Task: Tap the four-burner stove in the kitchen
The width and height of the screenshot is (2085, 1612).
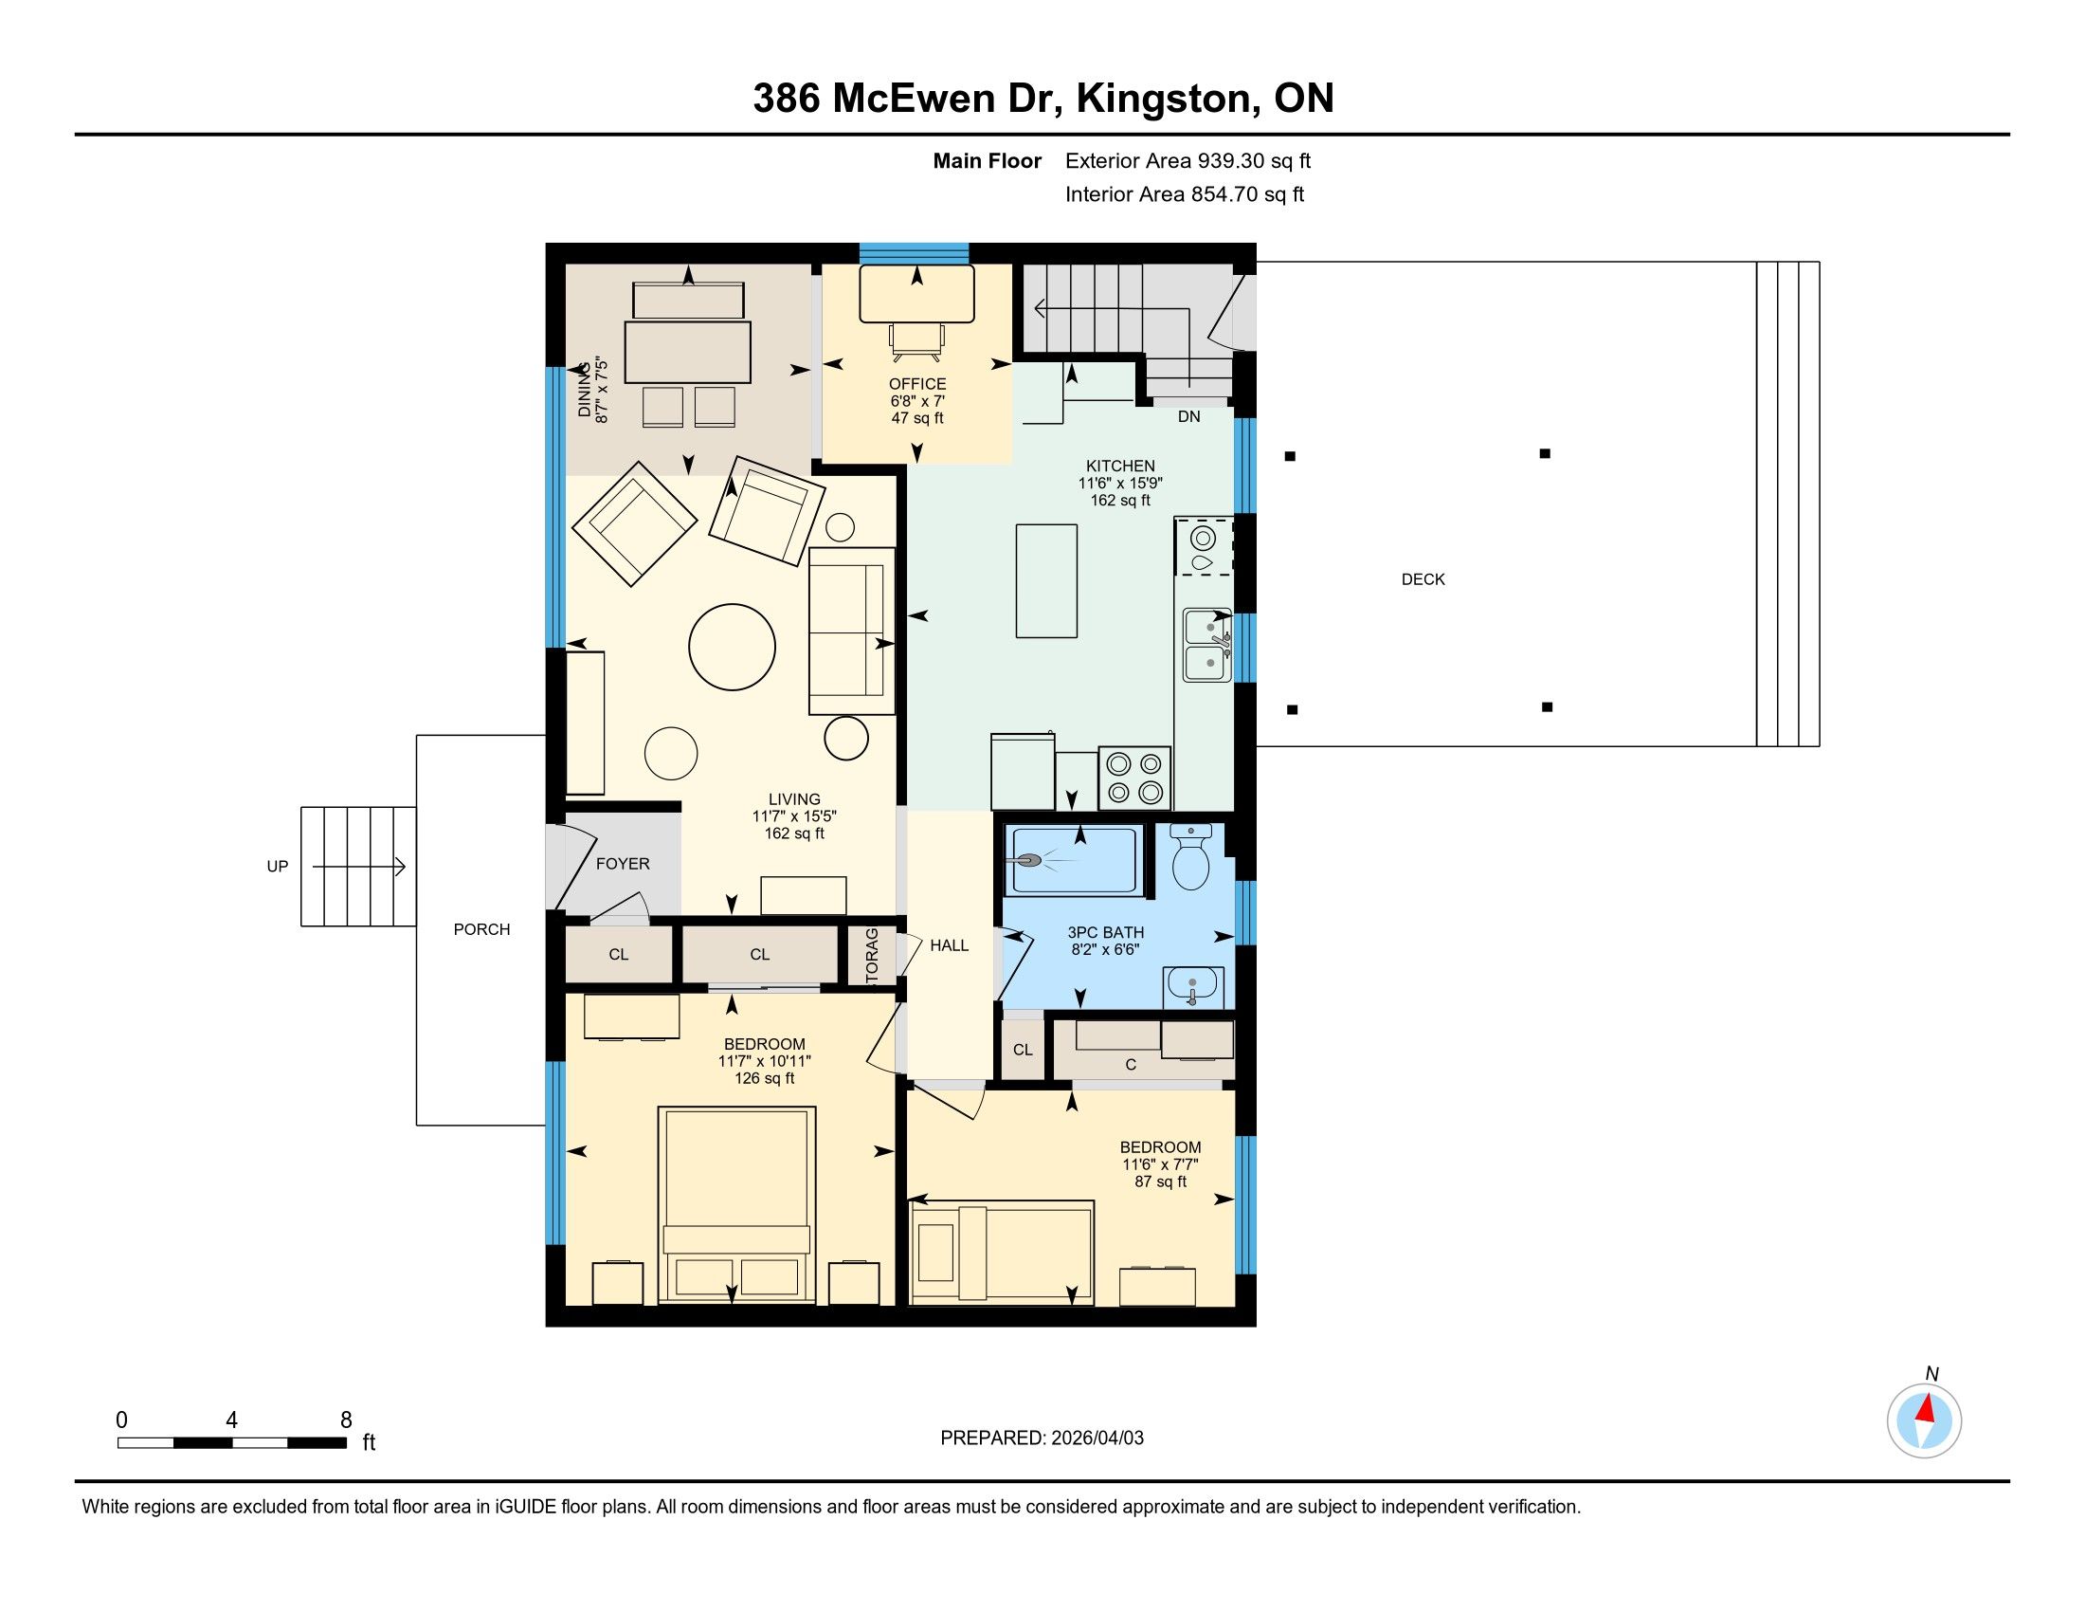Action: point(1134,779)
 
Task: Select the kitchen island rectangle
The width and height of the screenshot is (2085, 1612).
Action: point(1046,579)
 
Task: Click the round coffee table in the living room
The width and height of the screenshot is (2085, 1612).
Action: point(733,647)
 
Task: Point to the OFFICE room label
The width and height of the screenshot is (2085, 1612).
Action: point(917,384)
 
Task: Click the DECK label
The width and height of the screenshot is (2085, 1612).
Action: point(1423,579)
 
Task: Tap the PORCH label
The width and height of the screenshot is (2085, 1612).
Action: point(481,929)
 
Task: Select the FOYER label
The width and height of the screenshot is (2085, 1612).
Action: point(623,863)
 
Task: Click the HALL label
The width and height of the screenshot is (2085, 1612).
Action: point(949,945)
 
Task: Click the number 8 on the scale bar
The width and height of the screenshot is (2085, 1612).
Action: point(346,1420)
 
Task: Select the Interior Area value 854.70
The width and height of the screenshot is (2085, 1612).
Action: point(1224,194)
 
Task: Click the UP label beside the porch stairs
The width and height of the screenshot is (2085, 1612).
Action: point(277,867)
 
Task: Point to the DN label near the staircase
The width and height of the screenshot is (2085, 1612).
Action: point(1188,416)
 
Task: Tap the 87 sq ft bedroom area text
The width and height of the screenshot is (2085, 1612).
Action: point(1160,1182)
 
